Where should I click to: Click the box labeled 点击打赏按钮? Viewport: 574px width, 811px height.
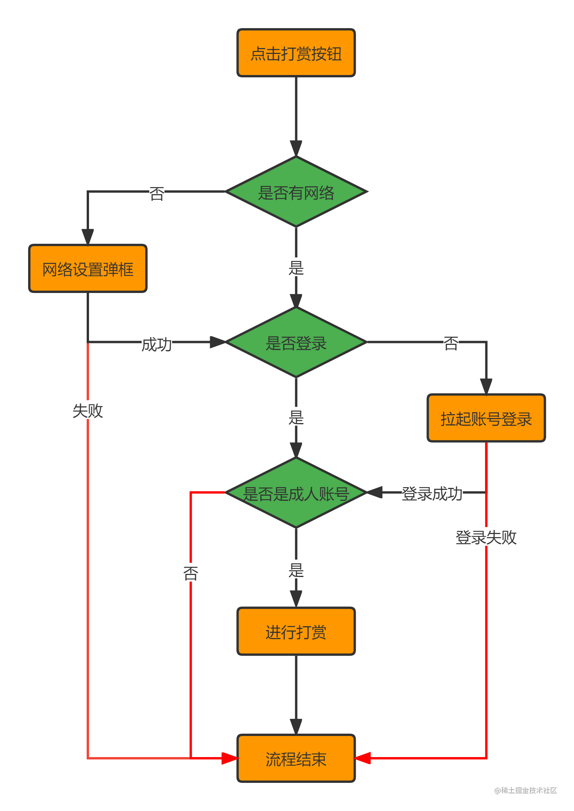click(296, 53)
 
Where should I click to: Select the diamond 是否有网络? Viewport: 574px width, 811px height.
click(296, 192)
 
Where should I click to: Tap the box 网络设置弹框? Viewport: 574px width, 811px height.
click(87, 269)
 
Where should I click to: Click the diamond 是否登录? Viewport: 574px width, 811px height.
click(296, 343)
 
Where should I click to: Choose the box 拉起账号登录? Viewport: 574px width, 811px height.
click(486, 418)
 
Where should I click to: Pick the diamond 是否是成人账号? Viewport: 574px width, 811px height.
click(296, 493)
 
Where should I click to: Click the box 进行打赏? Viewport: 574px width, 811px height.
click(296, 631)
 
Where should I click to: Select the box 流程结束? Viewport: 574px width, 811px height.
click(296, 758)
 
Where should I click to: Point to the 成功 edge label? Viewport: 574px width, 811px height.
click(157, 344)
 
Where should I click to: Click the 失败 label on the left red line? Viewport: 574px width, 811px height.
click(87, 411)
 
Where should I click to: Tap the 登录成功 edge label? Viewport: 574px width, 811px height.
click(432, 493)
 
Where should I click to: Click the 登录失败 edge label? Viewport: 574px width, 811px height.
click(486, 537)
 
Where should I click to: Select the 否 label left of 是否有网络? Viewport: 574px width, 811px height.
click(157, 193)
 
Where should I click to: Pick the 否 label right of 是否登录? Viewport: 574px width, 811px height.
click(451, 343)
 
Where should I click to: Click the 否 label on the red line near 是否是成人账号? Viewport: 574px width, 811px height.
click(191, 573)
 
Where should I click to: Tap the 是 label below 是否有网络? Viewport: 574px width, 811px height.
click(296, 268)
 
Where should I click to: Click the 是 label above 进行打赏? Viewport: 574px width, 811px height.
click(296, 570)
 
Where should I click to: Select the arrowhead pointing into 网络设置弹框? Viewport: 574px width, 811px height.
click(87, 237)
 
